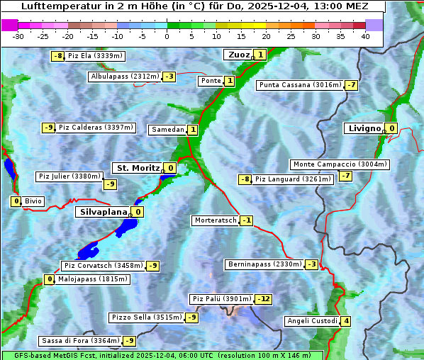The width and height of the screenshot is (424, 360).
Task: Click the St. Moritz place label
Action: (137, 168)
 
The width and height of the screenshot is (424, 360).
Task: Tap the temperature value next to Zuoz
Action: (260, 55)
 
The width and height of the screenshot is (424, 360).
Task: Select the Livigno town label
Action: (364, 128)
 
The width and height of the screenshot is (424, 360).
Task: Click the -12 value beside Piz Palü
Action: (263, 299)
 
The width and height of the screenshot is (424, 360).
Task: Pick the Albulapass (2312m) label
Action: (125, 77)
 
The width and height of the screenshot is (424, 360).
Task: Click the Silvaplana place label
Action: (104, 211)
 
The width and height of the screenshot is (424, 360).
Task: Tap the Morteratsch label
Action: (215, 220)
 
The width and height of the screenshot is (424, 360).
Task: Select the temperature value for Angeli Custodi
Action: (346, 321)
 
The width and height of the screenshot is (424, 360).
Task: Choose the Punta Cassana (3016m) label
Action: (300, 85)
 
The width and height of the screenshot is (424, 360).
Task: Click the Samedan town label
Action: (167, 130)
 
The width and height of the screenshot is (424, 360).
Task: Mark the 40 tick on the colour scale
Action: (365, 36)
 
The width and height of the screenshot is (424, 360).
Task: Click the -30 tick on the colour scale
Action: (18, 36)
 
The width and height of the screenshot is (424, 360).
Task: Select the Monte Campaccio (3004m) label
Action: (340, 164)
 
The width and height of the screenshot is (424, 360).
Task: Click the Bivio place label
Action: (33, 201)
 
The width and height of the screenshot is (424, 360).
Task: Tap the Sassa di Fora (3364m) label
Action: (80, 341)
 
